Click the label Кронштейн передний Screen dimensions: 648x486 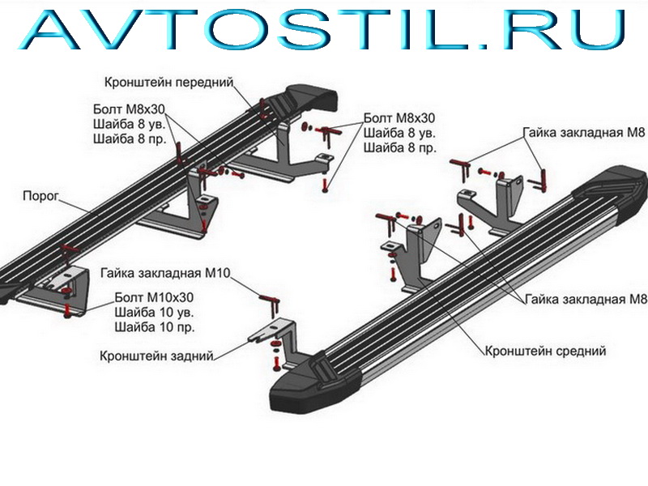(168, 83)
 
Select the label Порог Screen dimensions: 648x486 (41, 195)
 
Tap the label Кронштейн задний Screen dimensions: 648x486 (156, 356)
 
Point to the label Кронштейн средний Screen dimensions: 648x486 (545, 351)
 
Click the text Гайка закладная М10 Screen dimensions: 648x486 (165, 273)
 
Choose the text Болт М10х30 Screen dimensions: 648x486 (154, 297)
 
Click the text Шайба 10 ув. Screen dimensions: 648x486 (154, 312)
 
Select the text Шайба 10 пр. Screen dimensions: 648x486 (154, 327)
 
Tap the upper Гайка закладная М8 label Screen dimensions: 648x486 (583, 132)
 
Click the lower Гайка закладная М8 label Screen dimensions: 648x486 (586, 299)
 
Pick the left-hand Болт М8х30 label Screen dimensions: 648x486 (129, 109)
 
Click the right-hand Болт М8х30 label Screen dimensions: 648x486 (399, 118)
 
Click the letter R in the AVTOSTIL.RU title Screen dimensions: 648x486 (526, 29)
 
